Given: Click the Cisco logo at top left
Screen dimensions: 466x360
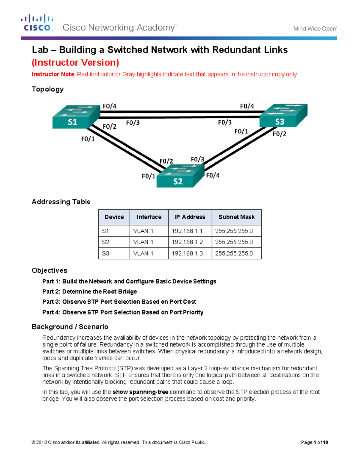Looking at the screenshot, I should click(x=37, y=23).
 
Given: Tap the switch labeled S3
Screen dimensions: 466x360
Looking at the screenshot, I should click(x=283, y=116).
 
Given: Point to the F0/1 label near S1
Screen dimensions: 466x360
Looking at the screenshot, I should click(x=88, y=139).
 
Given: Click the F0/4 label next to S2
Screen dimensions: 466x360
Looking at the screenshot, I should click(x=213, y=175).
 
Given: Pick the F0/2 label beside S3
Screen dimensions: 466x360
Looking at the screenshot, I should click(x=279, y=134).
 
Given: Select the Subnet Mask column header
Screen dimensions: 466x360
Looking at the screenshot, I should click(x=236, y=217).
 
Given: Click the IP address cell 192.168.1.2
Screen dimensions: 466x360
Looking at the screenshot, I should click(x=187, y=242).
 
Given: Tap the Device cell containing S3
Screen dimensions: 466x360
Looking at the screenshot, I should click(x=106, y=253).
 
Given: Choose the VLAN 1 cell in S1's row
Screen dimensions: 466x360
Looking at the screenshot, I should click(x=143, y=231).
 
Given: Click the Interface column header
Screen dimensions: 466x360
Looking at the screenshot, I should click(x=149, y=217).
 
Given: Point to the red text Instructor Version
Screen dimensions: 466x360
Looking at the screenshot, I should click(x=75, y=62).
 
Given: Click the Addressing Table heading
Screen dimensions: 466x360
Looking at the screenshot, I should click(x=61, y=202).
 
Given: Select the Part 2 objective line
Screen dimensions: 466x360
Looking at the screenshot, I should click(x=89, y=291).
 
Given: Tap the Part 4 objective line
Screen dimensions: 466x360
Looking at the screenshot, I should click(x=123, y=312).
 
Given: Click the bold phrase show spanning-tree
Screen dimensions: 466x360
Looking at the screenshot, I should click(x=140, y=392).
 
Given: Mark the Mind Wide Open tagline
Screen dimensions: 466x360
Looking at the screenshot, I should click(x=315, y=29).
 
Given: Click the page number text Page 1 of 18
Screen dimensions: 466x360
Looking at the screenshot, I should click(x=314, y=442).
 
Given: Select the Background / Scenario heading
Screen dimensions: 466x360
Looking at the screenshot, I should click(x=70, y=327).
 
